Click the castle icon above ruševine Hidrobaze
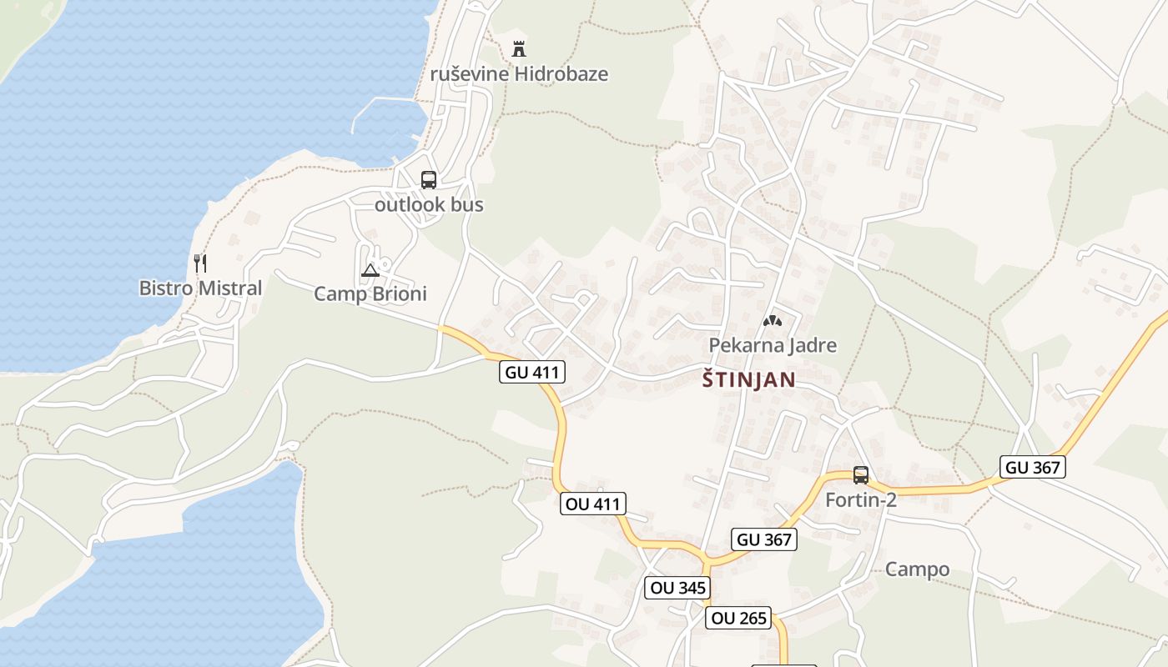point(519,48)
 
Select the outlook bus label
point(429,204)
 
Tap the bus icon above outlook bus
point(429,179)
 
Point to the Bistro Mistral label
point(200,288)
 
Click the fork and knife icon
point(200,263)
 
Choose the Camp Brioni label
point(370,293)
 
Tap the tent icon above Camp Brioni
point(370,269)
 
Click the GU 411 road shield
point(532,372)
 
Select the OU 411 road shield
point(592,504)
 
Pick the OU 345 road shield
point(678,587)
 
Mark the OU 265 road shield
point(738,619)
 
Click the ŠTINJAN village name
point(748,380)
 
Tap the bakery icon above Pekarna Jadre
point(773,320)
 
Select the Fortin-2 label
point(861,500)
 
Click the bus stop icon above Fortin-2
point(861,475)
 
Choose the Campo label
point(917,569)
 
